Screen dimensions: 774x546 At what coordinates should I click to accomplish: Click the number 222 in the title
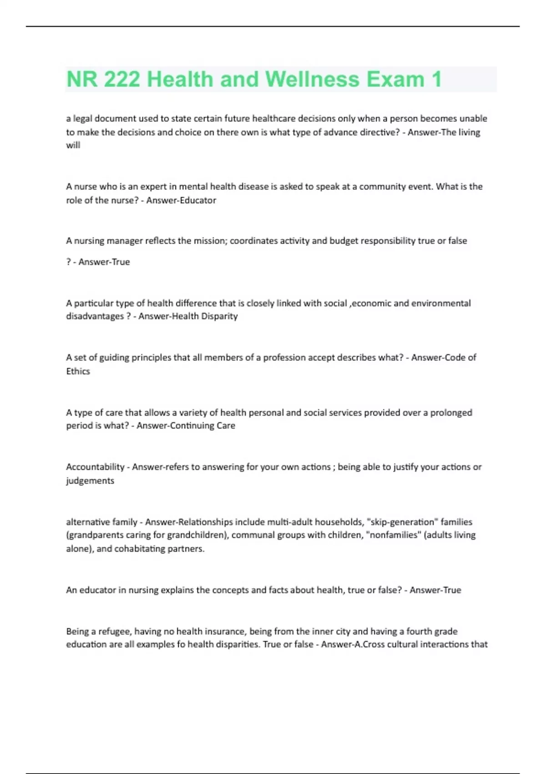pos(122,80)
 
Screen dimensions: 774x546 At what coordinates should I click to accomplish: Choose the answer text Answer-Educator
pos(181,200)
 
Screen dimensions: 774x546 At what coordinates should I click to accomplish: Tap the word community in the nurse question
pos(382,187)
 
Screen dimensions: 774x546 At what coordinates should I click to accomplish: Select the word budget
pos(344,241)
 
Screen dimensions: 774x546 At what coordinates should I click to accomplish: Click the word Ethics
pos(78,372)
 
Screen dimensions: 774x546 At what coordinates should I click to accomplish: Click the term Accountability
pos(95,467)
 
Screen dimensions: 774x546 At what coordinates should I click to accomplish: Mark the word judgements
pos(90,481)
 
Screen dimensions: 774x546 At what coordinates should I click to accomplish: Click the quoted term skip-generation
pos(401,522)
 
